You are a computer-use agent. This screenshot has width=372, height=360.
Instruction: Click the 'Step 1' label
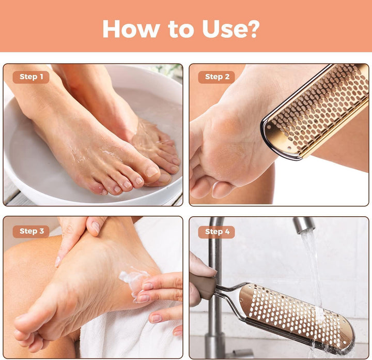click(x=31, y=77)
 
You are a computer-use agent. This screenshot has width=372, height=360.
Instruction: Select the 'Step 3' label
click(x=31, y=231)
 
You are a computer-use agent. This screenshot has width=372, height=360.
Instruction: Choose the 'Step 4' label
click(x=216, y=231)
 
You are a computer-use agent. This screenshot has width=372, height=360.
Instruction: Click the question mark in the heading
click(x=253, y=29)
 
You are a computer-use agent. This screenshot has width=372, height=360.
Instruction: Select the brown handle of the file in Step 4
click(x=203, y=287)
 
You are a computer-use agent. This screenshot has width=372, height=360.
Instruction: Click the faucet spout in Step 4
click(x=304, y=226)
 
